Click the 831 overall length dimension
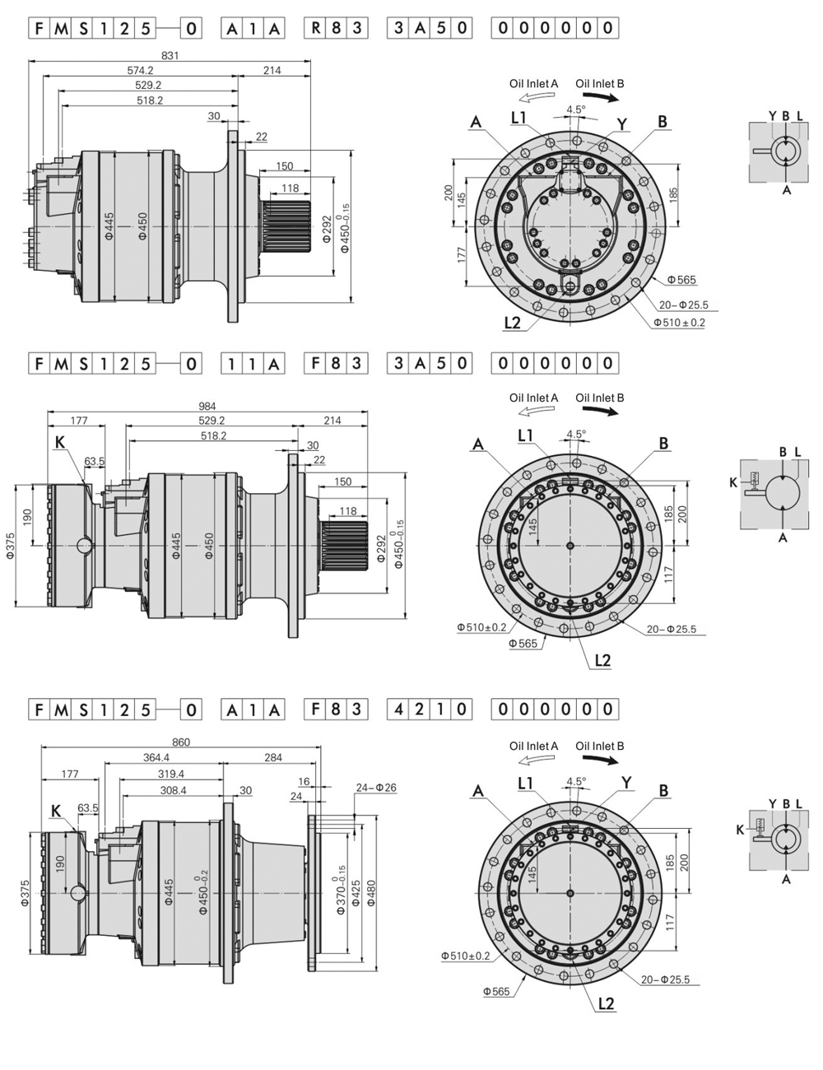(170, 56)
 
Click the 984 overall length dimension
(207, 406)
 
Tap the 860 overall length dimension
(181, 742)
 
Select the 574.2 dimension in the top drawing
(140, 71)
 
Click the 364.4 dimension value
(156, 757)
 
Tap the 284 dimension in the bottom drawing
(273, 757)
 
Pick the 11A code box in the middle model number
(253, 363)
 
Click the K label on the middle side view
(59, 443)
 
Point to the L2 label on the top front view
(512, 322)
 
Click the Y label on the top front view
(622, 124)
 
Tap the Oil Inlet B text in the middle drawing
(599, 398)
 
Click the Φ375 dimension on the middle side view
(11, 546)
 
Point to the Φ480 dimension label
(371, 889)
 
